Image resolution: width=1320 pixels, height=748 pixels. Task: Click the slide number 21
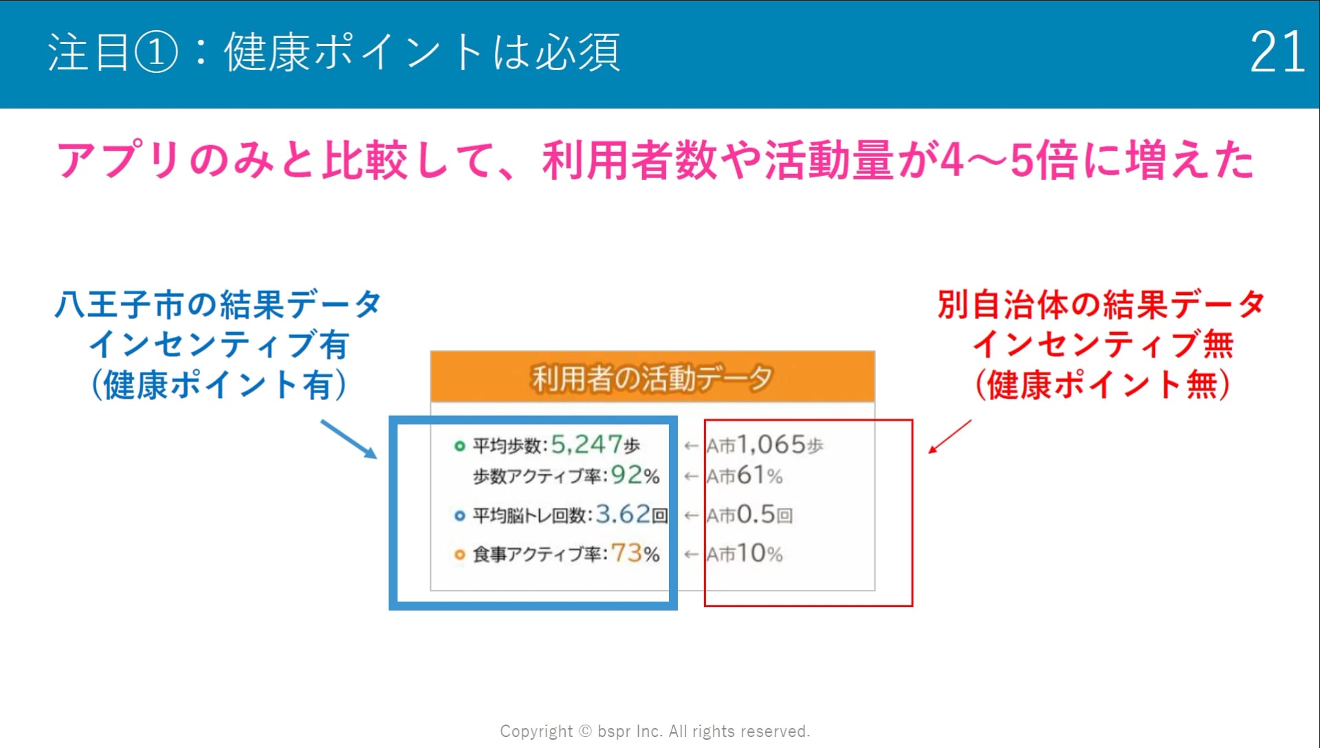pyautogui.click(x=1277, y=52)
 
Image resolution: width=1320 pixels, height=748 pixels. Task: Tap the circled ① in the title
pyautogui.click(x=156, y=52)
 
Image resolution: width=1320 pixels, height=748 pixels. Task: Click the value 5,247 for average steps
pyautogui.click(x=586, y=445)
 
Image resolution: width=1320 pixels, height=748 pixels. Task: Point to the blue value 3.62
pyautogui.click(x=623, y=514)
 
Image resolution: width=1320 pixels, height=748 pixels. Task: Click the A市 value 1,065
pyautogui.click(x=771, y=445)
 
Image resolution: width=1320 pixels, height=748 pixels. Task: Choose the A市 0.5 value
pyautogui.click(x=756, y=514)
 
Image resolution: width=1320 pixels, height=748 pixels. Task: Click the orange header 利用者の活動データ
pyautogui.click(x=652, y=378)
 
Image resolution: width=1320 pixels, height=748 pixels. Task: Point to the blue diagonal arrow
pyautogui.click(x=349, y=439)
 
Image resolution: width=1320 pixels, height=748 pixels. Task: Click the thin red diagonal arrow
pyautogui.click(x=949, y=437)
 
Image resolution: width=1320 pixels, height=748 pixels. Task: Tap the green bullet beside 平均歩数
pyautogui.click(x=459, y=446)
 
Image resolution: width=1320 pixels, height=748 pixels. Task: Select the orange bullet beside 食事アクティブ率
pyautogui.click(x=459, y=554)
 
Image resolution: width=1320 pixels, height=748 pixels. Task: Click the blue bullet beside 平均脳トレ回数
pyautogui.click(x=459, y=516)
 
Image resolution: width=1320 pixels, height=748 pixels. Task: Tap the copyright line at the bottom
pyautogui.click(x=655, y=731)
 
